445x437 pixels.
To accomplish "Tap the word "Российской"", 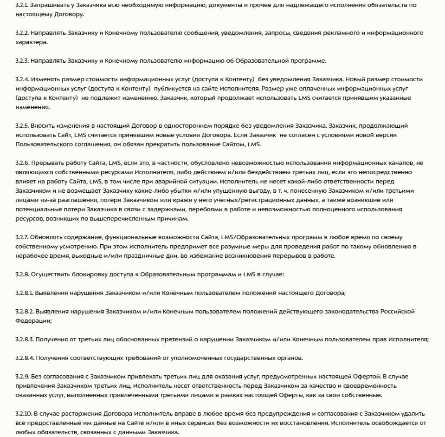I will point(398,311).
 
